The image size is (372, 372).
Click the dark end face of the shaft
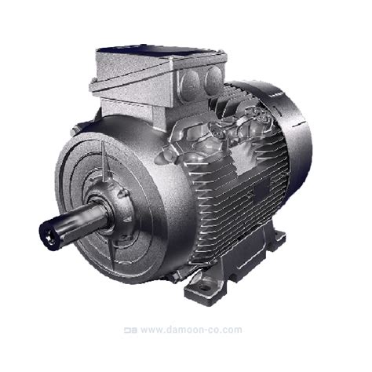(x=47, y=236)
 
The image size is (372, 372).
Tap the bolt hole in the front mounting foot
(x=204, y=288)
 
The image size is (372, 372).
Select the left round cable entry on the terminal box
(x=191, y=81)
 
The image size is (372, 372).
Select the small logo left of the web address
(x=130, y=330)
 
